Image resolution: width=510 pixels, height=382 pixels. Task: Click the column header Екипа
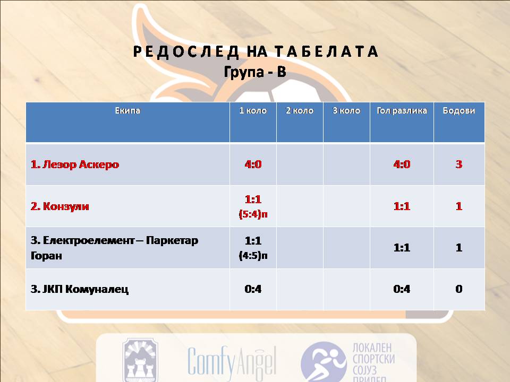coord(127,111)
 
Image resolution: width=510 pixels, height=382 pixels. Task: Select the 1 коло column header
coord(253,111)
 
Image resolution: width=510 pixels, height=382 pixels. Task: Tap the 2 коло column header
coord(300,111)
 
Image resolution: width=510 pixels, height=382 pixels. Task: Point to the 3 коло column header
coord(346,111)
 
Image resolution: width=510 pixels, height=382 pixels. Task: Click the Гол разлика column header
coord(402,111)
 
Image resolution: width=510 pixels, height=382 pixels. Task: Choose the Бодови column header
coord(459,111)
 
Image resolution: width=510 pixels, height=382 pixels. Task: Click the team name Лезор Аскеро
coord(81,164)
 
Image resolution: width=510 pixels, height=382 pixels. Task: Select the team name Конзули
coord(66,206)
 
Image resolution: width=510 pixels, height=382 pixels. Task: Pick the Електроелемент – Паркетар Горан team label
coord(115,248)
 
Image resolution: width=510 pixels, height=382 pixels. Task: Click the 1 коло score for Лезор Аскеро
coord(253,164)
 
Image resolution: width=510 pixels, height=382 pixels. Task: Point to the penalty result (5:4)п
coord(253,214)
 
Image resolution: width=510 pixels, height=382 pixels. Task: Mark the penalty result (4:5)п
coord(253,256)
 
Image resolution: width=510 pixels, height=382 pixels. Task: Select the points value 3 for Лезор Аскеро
coord(459,164)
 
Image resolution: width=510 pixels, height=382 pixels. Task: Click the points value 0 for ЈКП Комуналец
coord(459,289)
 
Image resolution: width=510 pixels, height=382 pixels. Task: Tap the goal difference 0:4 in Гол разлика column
coord(402,289)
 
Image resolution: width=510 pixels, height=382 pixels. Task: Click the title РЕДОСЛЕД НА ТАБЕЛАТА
coord(256,51)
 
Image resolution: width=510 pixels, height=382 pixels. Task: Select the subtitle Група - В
coord(256,72)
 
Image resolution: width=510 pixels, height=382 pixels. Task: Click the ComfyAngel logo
coord(232,361)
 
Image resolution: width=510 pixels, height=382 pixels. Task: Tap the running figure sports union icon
coord(324,362)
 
